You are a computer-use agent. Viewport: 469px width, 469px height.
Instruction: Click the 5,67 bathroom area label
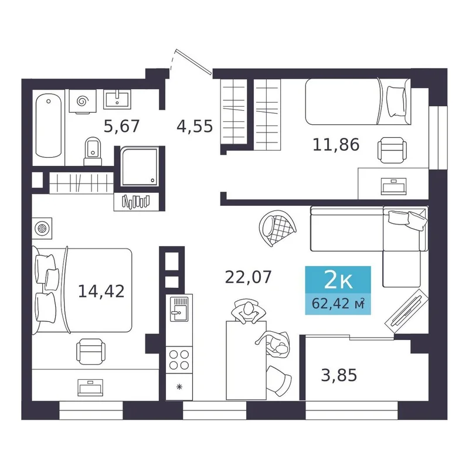point(121,126)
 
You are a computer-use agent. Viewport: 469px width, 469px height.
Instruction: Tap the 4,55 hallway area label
point(195,126)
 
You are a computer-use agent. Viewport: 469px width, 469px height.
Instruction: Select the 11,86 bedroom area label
point(336,145)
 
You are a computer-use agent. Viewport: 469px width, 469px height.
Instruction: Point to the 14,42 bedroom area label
point(101,291)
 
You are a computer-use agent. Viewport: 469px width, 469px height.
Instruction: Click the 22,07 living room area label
point(248,277)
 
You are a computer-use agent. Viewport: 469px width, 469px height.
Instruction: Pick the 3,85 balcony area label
point(339,375)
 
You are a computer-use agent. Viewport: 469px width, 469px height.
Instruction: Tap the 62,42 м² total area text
point(338,304)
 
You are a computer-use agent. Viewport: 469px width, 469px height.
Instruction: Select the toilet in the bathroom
point(93,151)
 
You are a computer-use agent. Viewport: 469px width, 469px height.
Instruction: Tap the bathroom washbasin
point(117,99)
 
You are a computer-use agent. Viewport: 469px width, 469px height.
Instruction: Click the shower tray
point(140,167)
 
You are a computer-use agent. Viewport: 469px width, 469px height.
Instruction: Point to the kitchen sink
point(179,309)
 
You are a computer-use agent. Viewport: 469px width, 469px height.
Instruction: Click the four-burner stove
point(179,360)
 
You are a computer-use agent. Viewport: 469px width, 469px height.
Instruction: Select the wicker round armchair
point(278,228)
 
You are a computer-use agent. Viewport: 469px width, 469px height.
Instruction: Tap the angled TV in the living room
point(406,311)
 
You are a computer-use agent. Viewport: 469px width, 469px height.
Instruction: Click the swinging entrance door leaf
point(194,62)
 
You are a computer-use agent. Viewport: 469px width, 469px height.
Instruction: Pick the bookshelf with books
point(136,202)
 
